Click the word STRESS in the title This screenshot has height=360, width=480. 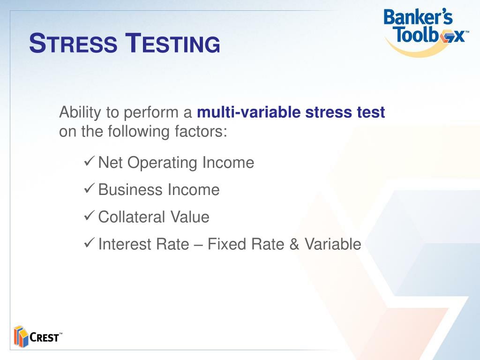tap(73, 43)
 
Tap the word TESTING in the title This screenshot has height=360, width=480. tap(173, 43)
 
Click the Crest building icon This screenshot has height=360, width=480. tap(21, 337)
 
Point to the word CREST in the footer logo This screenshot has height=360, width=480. tap(45, 337)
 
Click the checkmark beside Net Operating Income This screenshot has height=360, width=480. tap(89, 161)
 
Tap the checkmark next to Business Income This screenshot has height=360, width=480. tap(89, 188)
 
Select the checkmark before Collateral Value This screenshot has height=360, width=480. tap(89, 216)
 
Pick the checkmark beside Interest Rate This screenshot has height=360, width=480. tap(89, 243)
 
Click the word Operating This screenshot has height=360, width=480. tap(162, 163)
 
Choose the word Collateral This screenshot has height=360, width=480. tap(132, 217)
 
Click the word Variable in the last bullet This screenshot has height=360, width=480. tap(333, 244)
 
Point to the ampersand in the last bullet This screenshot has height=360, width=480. tap(294, 244)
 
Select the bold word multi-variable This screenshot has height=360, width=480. tap(249, 112)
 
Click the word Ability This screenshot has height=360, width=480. tap(80, 113)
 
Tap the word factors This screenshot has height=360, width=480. tap(201, 131)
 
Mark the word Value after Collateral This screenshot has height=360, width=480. tap(190, 217)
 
